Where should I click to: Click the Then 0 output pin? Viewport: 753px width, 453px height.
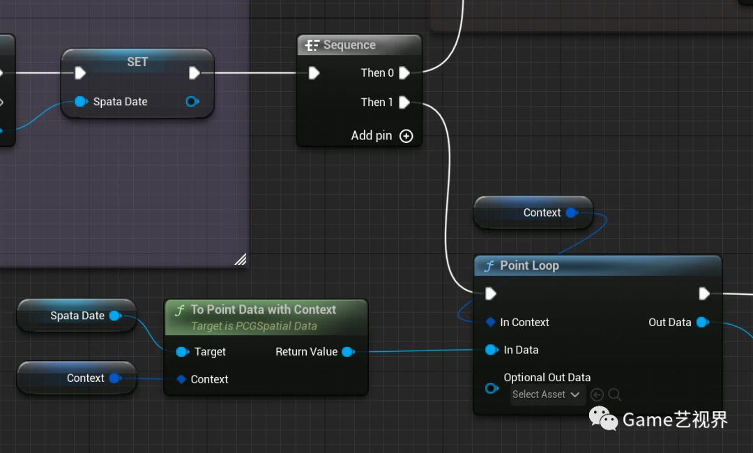(x=404, y=73)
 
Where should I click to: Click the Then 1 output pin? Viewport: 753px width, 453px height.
(x=404, y=102)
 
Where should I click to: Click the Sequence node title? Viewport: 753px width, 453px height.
(x=349, y=45)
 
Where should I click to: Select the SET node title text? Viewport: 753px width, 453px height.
(x=137, y=62)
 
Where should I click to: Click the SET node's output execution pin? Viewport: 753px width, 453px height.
(x=195, y=73)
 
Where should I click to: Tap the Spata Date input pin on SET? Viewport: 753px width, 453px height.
(x=81, y=102)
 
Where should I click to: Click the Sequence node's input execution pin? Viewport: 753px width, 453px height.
(x=314, y=73)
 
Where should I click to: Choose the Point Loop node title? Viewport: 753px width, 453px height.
(x=529, y=266)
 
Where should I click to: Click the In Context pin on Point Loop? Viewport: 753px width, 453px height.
(x=491, y=322)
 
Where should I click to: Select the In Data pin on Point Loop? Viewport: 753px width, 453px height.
(x=492, y=350)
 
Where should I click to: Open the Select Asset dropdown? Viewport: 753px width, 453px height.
(x=546, y=394)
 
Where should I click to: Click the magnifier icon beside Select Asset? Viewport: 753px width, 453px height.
(x=614, y=395)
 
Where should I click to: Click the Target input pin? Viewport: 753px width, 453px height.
(x=182, y=352)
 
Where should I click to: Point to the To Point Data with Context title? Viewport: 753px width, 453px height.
(x=264, y=309)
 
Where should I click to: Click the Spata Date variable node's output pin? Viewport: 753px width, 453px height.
(x=115, y=316)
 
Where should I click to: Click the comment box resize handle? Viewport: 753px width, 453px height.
(x=240, y=259)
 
